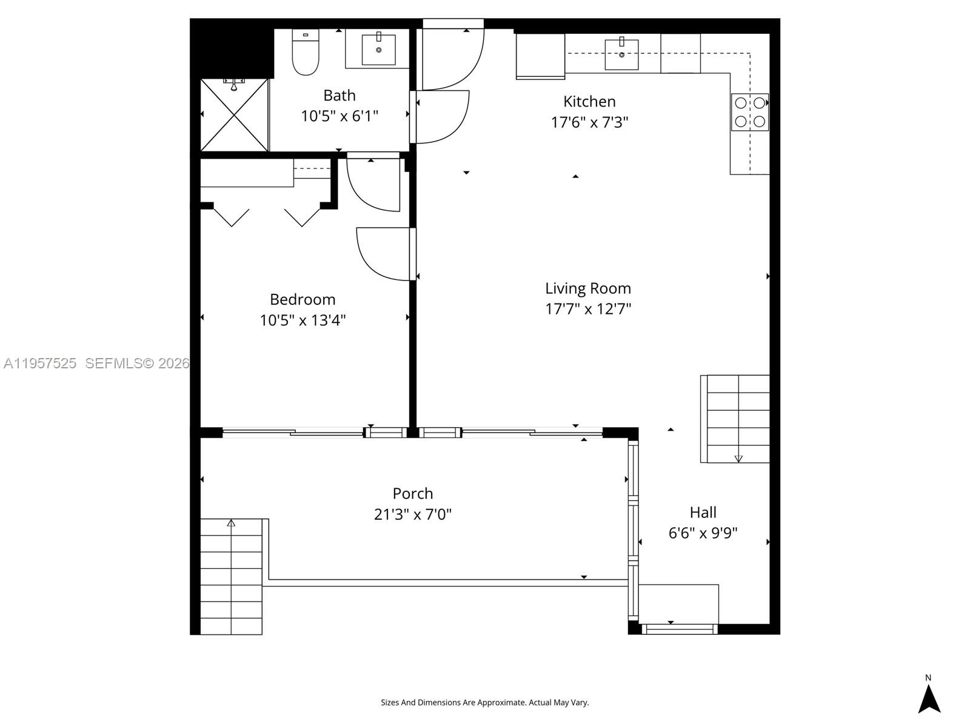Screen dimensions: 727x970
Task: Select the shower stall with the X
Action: pos(235,115)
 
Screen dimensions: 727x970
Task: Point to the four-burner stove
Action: pos(750,112)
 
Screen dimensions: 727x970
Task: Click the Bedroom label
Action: pos(303,299)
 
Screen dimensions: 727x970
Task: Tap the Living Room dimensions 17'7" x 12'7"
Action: pos(588,309)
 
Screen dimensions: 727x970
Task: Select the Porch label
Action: pos(413,493)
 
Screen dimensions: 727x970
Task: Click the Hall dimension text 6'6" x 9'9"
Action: pos(703,533)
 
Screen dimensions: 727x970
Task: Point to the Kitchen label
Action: pos(589,101)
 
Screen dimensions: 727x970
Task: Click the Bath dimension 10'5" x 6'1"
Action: pos(339,116)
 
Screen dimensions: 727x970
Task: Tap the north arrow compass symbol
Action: pos(928,697)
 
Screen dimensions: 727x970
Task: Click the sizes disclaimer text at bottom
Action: pos(484,703)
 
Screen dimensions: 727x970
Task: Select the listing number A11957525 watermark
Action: pos(40,363)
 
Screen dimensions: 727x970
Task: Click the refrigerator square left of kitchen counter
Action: pos(540,56)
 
